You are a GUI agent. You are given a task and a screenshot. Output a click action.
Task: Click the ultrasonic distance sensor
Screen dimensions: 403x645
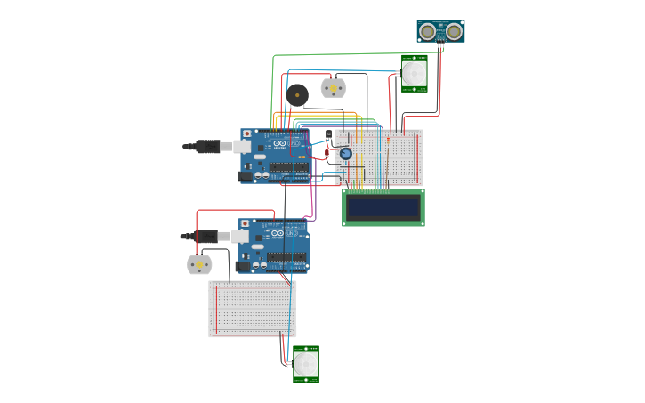(440, 31)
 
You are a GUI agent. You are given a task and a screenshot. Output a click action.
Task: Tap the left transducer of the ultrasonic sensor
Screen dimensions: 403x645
(428, 32)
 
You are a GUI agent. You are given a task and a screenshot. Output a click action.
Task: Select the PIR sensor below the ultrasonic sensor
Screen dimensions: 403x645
(414, 73)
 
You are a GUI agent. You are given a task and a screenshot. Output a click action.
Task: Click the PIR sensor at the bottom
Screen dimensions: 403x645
(306, 364)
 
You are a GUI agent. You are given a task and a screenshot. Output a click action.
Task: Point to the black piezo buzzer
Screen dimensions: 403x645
(297, 94)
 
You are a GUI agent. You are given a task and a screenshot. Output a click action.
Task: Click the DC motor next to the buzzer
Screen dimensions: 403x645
(333, 87)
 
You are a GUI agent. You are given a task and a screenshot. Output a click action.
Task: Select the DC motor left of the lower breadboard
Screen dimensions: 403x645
(199, 265)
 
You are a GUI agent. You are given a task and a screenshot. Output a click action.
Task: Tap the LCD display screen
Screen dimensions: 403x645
(383, 207)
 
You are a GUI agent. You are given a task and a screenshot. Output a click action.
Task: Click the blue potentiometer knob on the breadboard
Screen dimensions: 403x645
(345, 154)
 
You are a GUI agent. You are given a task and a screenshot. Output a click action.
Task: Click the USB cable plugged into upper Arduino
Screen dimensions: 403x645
(209, 147)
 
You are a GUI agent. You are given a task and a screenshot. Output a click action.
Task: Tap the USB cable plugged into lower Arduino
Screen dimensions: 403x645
(207, 237)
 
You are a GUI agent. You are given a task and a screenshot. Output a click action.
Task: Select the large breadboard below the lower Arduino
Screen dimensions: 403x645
(252, 309)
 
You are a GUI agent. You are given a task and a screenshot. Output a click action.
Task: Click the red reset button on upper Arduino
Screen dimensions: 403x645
(247, 134)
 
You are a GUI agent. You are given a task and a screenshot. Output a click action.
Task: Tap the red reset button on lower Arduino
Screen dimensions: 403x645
(246, 224)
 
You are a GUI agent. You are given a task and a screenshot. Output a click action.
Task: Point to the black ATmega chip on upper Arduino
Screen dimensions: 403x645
(288, 167)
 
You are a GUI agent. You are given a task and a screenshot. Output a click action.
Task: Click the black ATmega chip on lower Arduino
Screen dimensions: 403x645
(286, 257)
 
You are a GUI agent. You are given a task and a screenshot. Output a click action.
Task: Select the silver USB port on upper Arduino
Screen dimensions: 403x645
(242, 147)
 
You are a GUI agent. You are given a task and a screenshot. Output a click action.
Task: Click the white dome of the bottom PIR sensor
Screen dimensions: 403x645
(306, 364)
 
